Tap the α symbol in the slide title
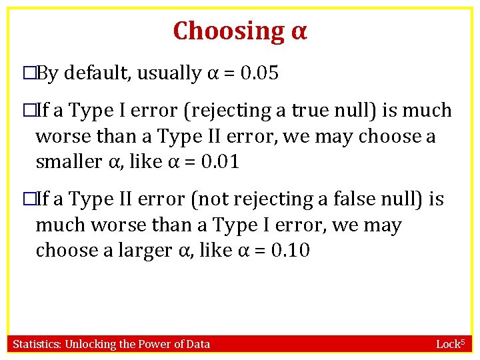click(299, 31)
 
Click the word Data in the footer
click(198, 344)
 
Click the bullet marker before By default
click(28, 73)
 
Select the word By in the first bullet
click(47, 73)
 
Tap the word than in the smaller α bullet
click(128, 136)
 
